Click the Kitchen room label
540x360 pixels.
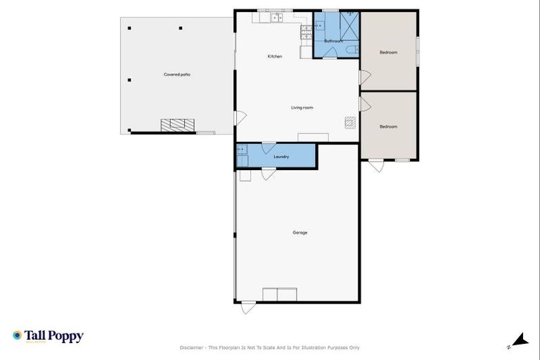(x=274, y=56)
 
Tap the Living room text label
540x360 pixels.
(x=302, y=108)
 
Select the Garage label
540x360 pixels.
(x=300, y=232)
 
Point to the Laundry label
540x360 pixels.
(x=281, y=157)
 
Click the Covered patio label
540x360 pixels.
(x=176, y=74)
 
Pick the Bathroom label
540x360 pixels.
(x=333, y=41)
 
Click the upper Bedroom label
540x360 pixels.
(x=388, y=53)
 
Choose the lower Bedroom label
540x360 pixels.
(x=388, y=127)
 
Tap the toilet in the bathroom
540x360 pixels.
(x=352, y=49)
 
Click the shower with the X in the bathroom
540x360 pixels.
(x=349, y=25)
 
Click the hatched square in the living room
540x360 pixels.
(x=349, y=122)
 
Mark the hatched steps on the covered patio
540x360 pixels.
(x=177, y=125)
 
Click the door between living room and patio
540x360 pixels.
(x=240, y=118)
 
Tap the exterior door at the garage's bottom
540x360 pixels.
(x=248, y=307)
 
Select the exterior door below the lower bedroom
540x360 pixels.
(x=376, y=165)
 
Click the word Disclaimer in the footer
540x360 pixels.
(x=193, y=347)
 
